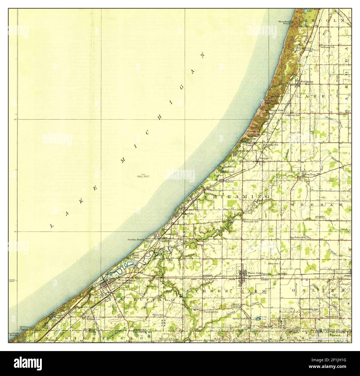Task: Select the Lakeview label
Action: point(171,234)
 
